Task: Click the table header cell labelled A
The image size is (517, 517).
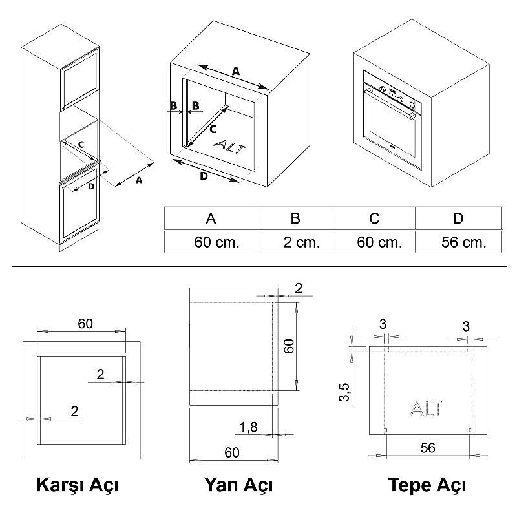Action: point(211,218)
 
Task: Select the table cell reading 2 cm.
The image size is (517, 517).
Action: point(296,242)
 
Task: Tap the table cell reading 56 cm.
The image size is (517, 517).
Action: point(459,242)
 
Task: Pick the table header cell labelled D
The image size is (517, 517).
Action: point(459,218)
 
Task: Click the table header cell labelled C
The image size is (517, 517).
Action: point(374,218)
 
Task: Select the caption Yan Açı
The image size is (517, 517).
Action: point(238,485)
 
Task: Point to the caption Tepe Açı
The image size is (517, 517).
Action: point(427,485)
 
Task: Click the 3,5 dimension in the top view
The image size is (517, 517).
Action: point(344,392)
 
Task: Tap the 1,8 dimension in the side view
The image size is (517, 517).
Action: point(248,427)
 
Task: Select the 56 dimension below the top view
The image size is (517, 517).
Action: point(428,447)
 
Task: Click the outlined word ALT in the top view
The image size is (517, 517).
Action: point(426,408)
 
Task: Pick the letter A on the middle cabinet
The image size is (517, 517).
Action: point(236,71)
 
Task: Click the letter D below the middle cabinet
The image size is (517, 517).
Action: point(204,176)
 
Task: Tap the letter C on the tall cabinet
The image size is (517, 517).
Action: point(81,144)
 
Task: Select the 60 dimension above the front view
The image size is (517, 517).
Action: point(85,324)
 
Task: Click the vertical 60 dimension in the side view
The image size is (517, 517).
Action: point(289,346)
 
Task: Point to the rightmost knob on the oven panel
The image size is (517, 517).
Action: point(412,105)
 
